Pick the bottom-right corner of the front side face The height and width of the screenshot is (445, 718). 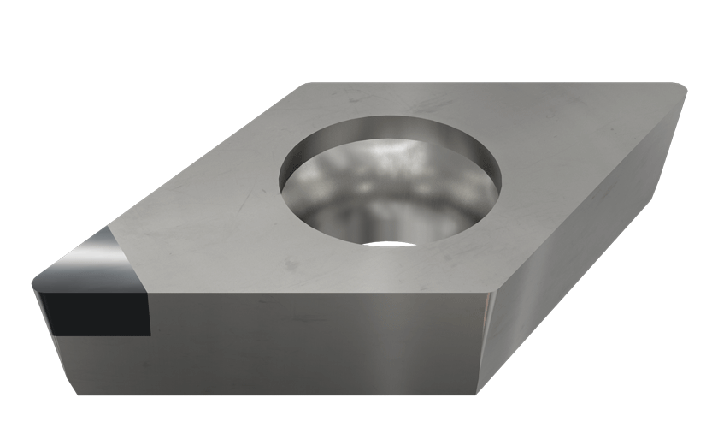[480, 395]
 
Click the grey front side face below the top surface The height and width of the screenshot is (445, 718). [316, 342]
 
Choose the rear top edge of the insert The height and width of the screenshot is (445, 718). [496, 83]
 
